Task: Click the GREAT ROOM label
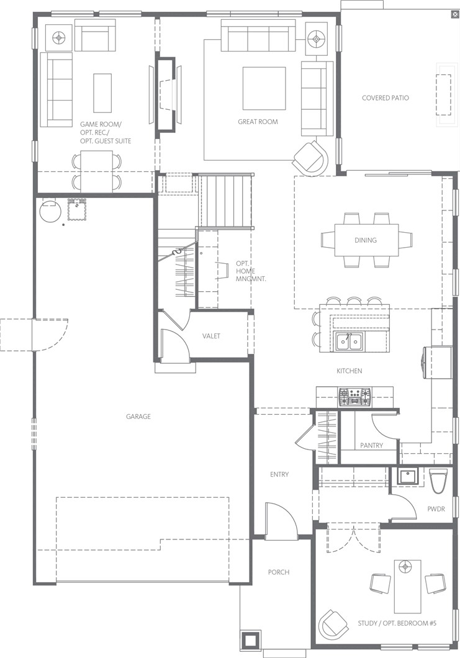258,122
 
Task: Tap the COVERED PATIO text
386,98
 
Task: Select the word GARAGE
138,417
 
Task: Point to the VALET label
211,336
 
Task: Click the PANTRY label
371,445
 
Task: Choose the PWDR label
436,509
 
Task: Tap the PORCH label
279,572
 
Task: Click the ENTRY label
279,475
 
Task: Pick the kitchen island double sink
350,342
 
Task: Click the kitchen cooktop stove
354,397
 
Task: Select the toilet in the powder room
437,481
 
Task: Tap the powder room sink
406,477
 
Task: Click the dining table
366,240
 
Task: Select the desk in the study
407,586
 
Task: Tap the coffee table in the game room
102,92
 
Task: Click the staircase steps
225,201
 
